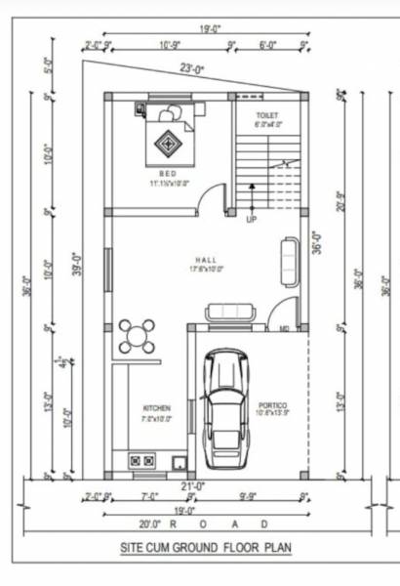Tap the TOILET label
coord(268,115)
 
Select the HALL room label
coord(205,260)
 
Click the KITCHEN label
coord(157,407)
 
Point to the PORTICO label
coord(272,404)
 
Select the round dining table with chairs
coord(137,335)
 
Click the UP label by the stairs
coord(251,219)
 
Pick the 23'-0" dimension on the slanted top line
coord(189,68)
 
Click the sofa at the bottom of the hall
coord(229,312)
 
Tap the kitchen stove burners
coord(141,459)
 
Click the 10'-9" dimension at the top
coord(170,44)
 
